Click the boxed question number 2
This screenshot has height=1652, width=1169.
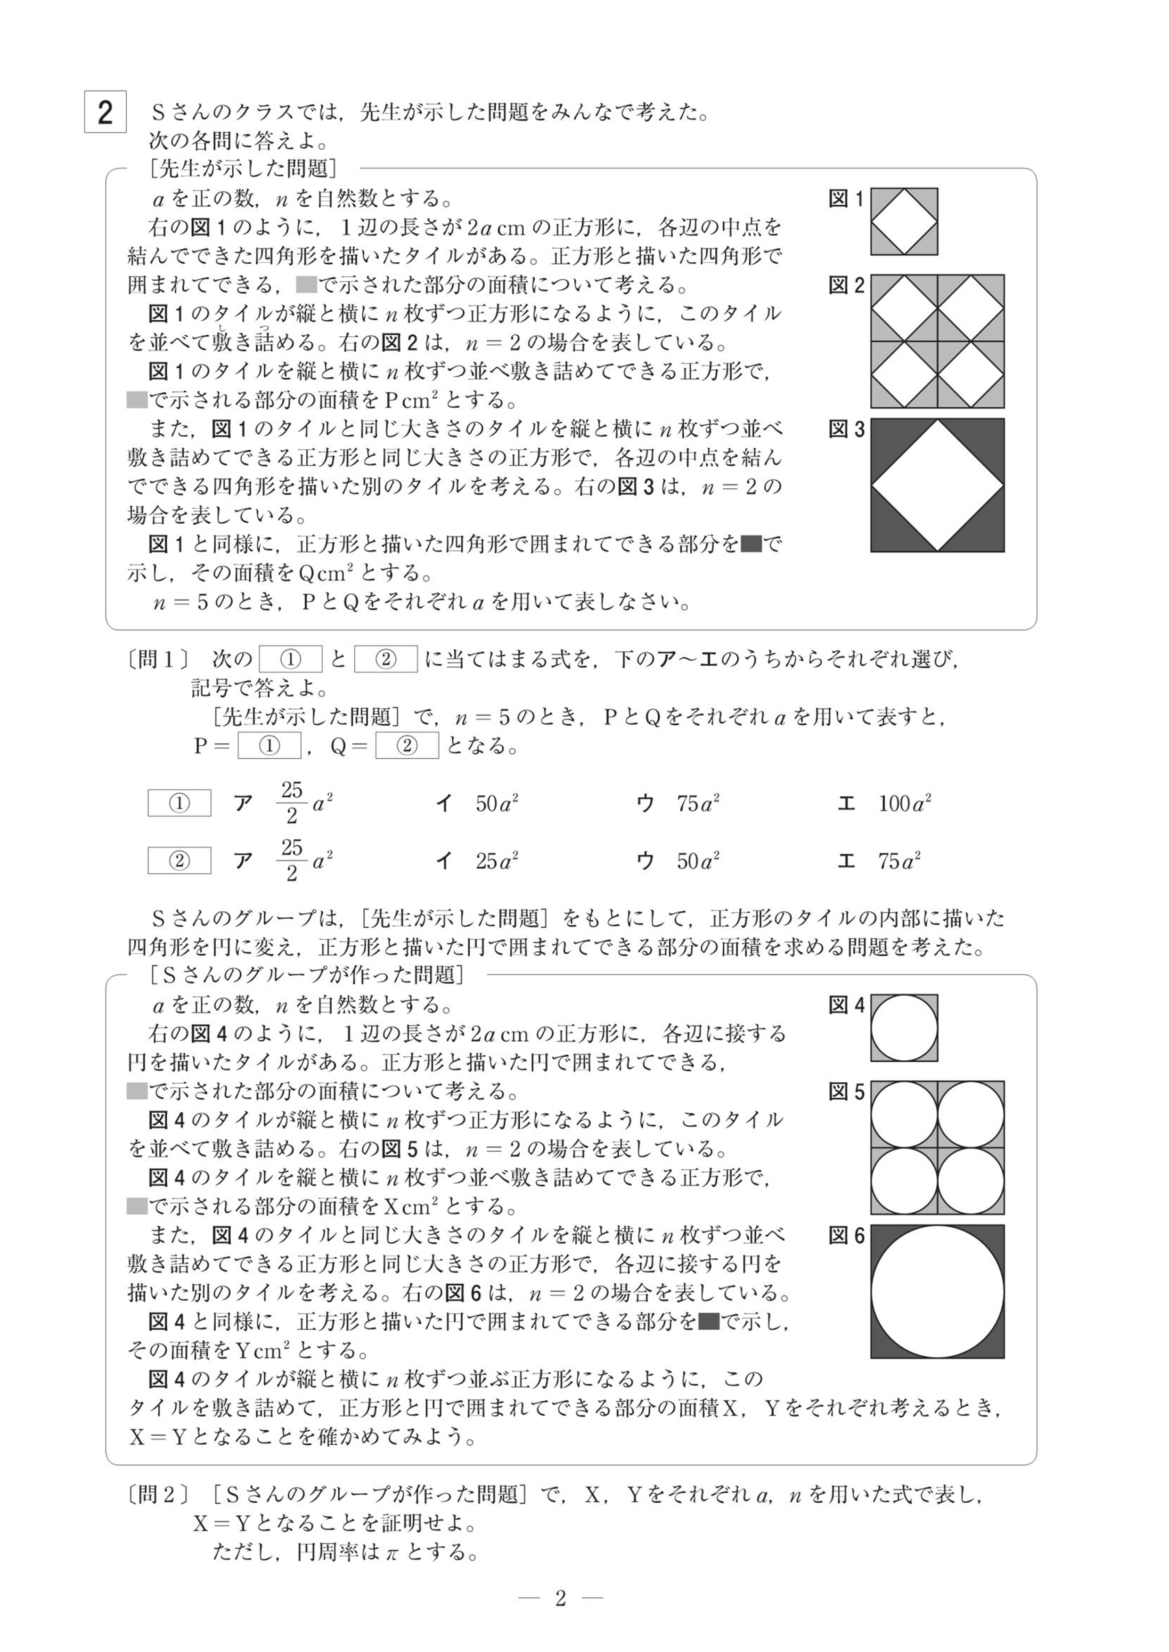tap(105, 112)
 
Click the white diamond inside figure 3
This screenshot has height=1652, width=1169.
tap(937, 486)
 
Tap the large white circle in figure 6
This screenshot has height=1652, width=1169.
tap(937, 1292)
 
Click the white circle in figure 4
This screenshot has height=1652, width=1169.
tap(904, 1028)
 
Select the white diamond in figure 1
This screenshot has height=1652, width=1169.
tap(904, 222)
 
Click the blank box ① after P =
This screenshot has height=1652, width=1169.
tap(269, 745)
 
